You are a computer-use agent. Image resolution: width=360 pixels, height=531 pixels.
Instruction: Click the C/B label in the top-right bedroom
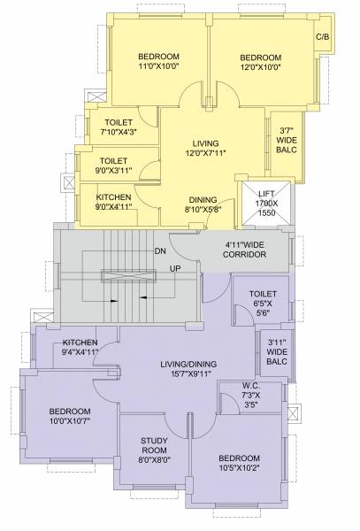323,37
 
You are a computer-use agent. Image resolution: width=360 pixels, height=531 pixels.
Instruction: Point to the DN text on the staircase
160,251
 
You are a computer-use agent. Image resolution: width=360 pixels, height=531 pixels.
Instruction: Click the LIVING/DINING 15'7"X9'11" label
188,369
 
